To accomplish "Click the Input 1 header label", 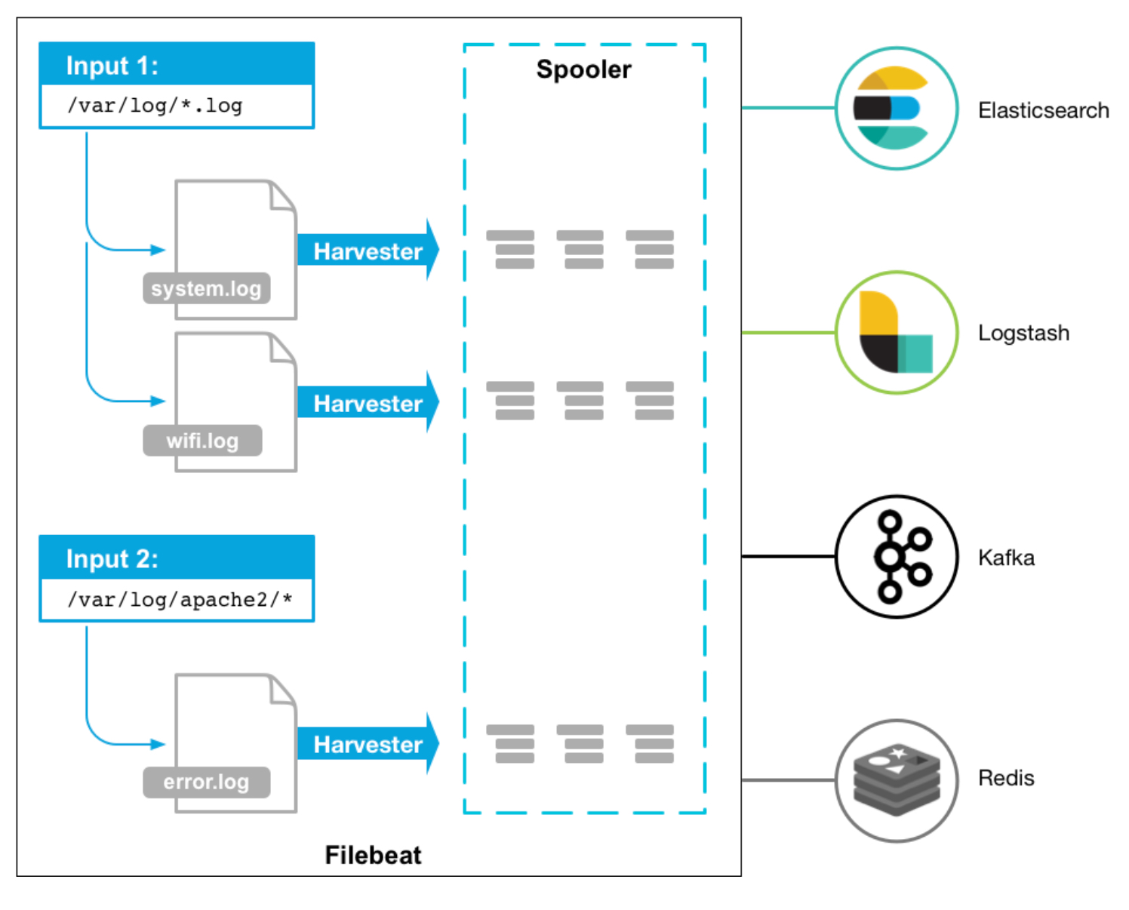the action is pyautogui.click(x=112, y=66).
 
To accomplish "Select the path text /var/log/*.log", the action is pyautogui.click(x=155, y=106).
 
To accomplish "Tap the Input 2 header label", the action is pyautogui.click(x=112, y=559).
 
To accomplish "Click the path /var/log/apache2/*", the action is pyautogui.click(x=180, y=600).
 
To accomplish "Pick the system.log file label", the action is pyautogui.click(x=206, y=288).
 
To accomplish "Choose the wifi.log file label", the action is pyautogui.click(x=202, y=441).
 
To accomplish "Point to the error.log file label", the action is pyautogui.click(x=206, y=782).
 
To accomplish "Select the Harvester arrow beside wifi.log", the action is pyautogui.click(x=368, y=402).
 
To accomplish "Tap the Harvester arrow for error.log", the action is pyautogui.click(x=368, y=744).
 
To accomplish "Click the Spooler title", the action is pyautogui.click(x=583, y=70).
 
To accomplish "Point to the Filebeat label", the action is pyautogui.click(x=373, y=855).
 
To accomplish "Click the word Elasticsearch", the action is pyautogui.click(x=1044, y=111).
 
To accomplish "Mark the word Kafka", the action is pyautogui.click(x=1006, y=558).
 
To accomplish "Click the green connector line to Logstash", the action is pyautogui.click(x=789, y=332).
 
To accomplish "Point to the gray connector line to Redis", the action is pyautogui.click(x=789, y=780).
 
